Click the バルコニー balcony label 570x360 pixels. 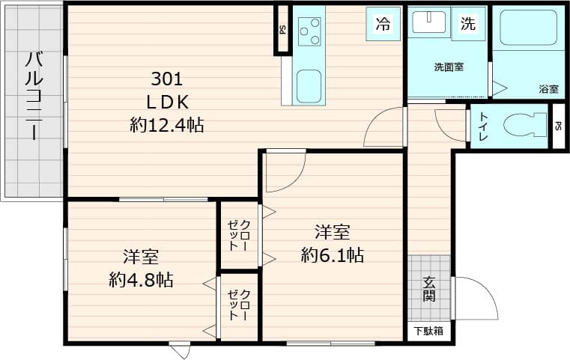(x=34, y=97)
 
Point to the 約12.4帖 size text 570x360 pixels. (x=166, y=125)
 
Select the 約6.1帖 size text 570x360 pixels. (x=333, y=255)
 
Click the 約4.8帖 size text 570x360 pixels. (x=141, y=280)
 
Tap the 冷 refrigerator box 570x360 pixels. (x=383, y=24)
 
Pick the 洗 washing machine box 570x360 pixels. (x=468, y=24)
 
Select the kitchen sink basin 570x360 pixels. (x=309, y=85)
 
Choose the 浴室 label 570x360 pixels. (x=548, y=89)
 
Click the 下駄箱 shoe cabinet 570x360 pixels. (x=429, y=331)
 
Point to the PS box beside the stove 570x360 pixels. (x=282, y=30)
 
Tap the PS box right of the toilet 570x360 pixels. (x=558, y=126)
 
